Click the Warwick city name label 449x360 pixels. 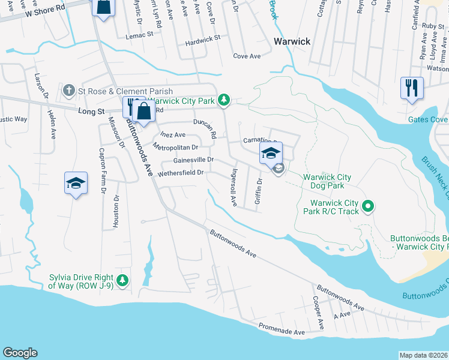(292, 41)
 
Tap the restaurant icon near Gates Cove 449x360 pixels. (412, 88)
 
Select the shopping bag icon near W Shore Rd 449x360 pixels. (103, 8)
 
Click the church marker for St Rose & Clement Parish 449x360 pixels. (69, 92)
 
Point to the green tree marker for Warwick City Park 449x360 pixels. (224, 99)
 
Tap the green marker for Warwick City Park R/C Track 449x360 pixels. (369, 208)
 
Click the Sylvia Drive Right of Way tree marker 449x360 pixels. (122, 280)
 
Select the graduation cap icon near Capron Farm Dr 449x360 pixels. (76, 183)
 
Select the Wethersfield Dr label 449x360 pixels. (181, 173)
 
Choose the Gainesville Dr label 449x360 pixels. (193, 160)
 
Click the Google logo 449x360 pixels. (20, 353)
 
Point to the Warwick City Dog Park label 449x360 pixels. (327, 182)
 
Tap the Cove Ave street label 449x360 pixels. (247, 56)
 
